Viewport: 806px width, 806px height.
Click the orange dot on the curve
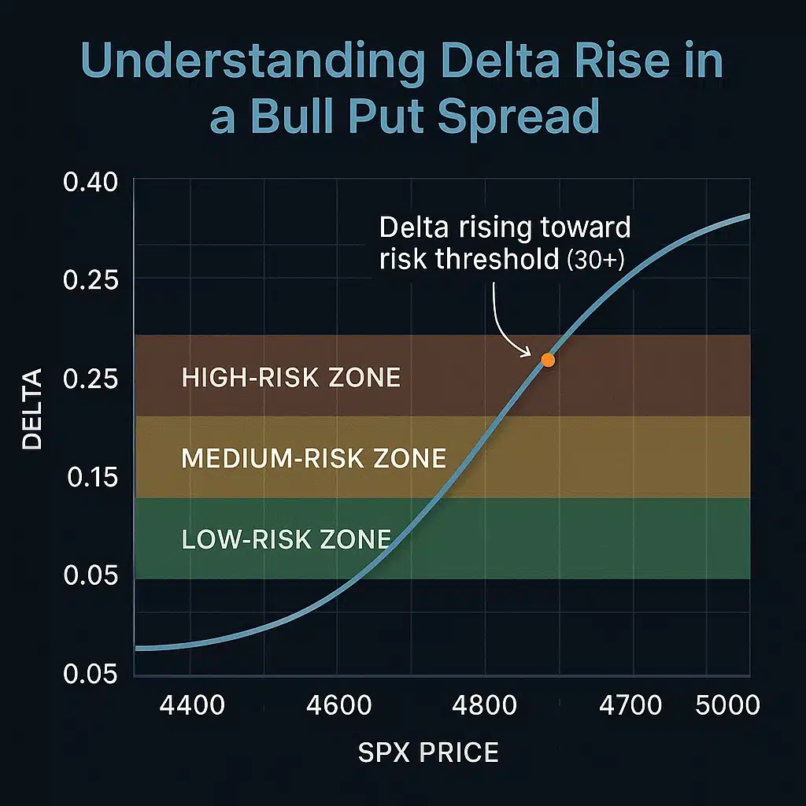[548, 360]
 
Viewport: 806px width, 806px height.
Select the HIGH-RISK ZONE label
[290, 378]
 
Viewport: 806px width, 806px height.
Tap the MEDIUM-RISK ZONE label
[313, 458]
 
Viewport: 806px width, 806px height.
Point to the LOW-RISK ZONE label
[286, 539]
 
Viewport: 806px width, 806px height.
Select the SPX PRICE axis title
[428, 752]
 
